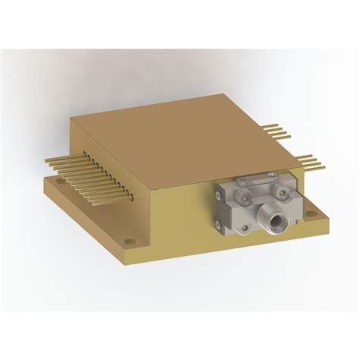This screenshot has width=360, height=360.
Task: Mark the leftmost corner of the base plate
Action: [x=44, y=182]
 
